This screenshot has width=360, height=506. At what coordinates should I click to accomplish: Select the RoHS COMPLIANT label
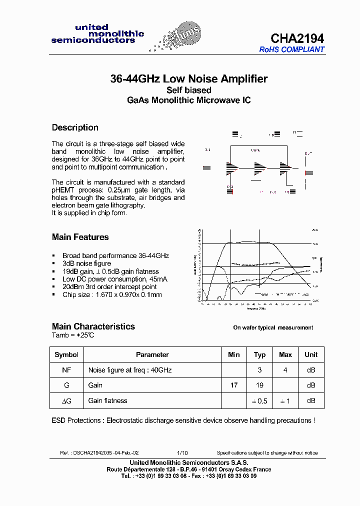pos(291,49)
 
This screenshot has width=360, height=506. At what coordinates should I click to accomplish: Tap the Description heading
pos(75,127)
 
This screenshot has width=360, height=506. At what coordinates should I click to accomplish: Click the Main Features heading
pos(80,237)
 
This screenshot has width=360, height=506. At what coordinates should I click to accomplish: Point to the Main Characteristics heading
pos(93,326)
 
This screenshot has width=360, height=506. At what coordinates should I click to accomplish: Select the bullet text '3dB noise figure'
pos(86,263)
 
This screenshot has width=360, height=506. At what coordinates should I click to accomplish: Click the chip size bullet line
pos(112,295)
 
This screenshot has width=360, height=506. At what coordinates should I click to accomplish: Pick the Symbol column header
pos(66,354)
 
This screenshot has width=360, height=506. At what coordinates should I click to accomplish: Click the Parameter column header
pos(152,354)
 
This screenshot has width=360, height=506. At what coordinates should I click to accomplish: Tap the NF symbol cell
pos(66,370)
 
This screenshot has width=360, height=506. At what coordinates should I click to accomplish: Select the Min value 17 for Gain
pos(233,385)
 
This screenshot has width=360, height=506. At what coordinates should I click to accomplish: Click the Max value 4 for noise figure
pos(285,370)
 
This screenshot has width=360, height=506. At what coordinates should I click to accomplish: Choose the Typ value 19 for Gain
pos(259,385)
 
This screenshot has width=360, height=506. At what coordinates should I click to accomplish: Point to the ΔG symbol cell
pos(66,401)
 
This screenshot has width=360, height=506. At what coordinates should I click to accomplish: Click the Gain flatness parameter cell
pos(107,401)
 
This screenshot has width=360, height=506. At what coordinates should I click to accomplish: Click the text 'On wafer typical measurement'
pos(273,328)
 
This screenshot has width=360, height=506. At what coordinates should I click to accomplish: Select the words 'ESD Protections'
pos(76,420)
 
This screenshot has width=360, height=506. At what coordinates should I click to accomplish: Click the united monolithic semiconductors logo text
pos(97,33)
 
